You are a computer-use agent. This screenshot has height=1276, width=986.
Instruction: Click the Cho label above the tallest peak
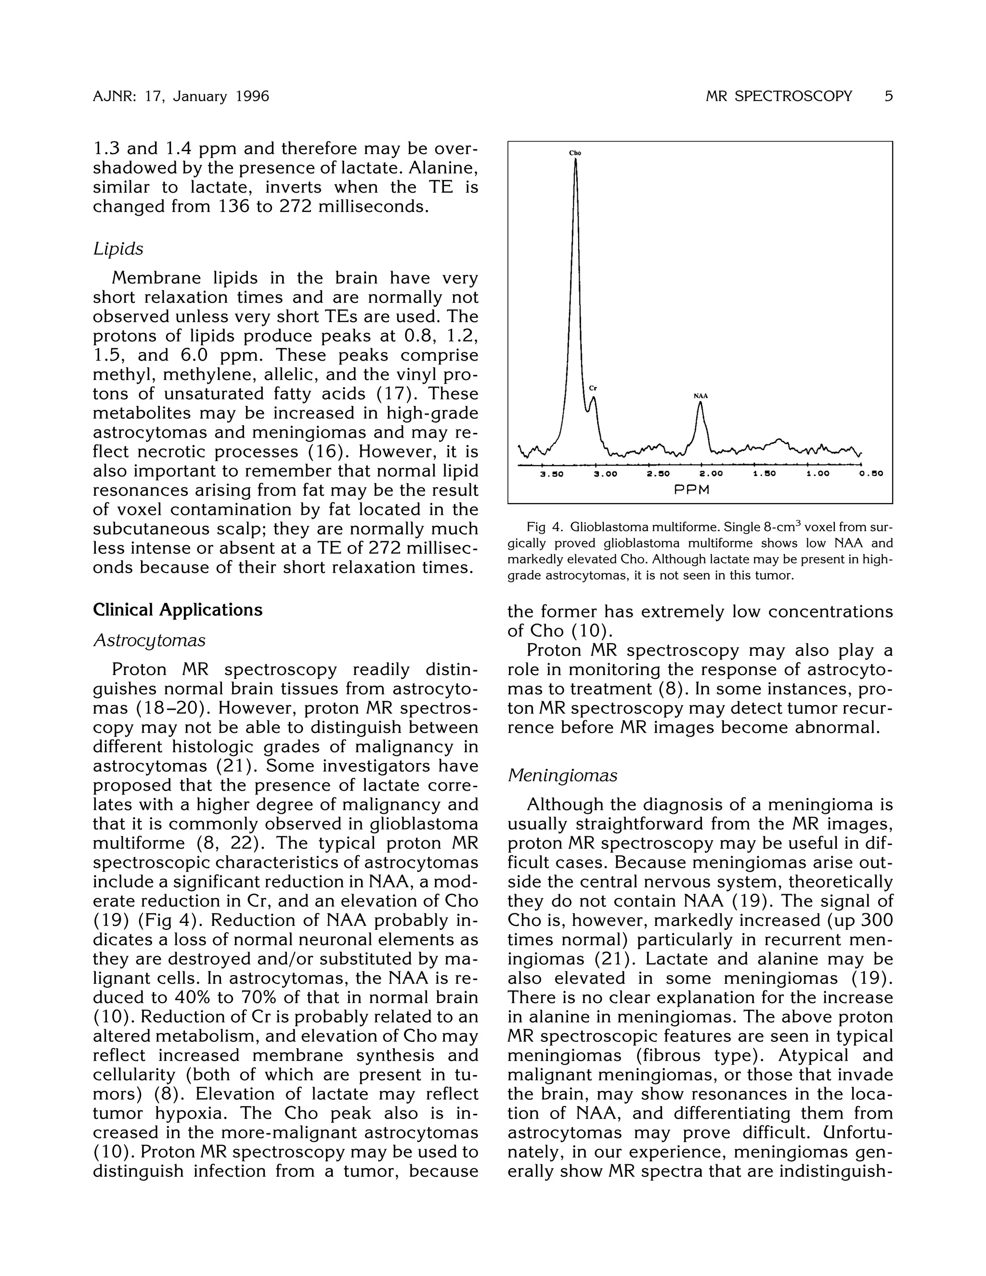pos(575,153)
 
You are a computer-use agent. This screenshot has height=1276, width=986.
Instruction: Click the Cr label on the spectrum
pos(592,388)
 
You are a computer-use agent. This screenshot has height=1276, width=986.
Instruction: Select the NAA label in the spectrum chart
pos(701,396)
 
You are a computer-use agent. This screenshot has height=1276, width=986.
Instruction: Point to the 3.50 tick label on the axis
pos(551,474)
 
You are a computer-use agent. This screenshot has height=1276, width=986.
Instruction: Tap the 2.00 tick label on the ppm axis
pos(711,474)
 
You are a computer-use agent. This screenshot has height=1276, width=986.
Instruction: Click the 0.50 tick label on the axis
pos(871,474)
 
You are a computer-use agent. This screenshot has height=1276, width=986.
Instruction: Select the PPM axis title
pos(692,490)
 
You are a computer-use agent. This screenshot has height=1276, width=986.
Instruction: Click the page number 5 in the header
pos(888,96)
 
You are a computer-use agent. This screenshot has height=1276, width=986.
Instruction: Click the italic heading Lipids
pos(118,249)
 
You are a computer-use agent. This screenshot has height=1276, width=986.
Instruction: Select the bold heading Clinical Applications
pos(178,610)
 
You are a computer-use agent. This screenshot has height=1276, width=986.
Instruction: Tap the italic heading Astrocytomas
pos(150,640)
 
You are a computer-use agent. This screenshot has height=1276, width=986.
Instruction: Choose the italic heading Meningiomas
pos(562,775)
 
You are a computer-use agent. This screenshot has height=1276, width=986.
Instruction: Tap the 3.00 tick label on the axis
pos(605,474)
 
